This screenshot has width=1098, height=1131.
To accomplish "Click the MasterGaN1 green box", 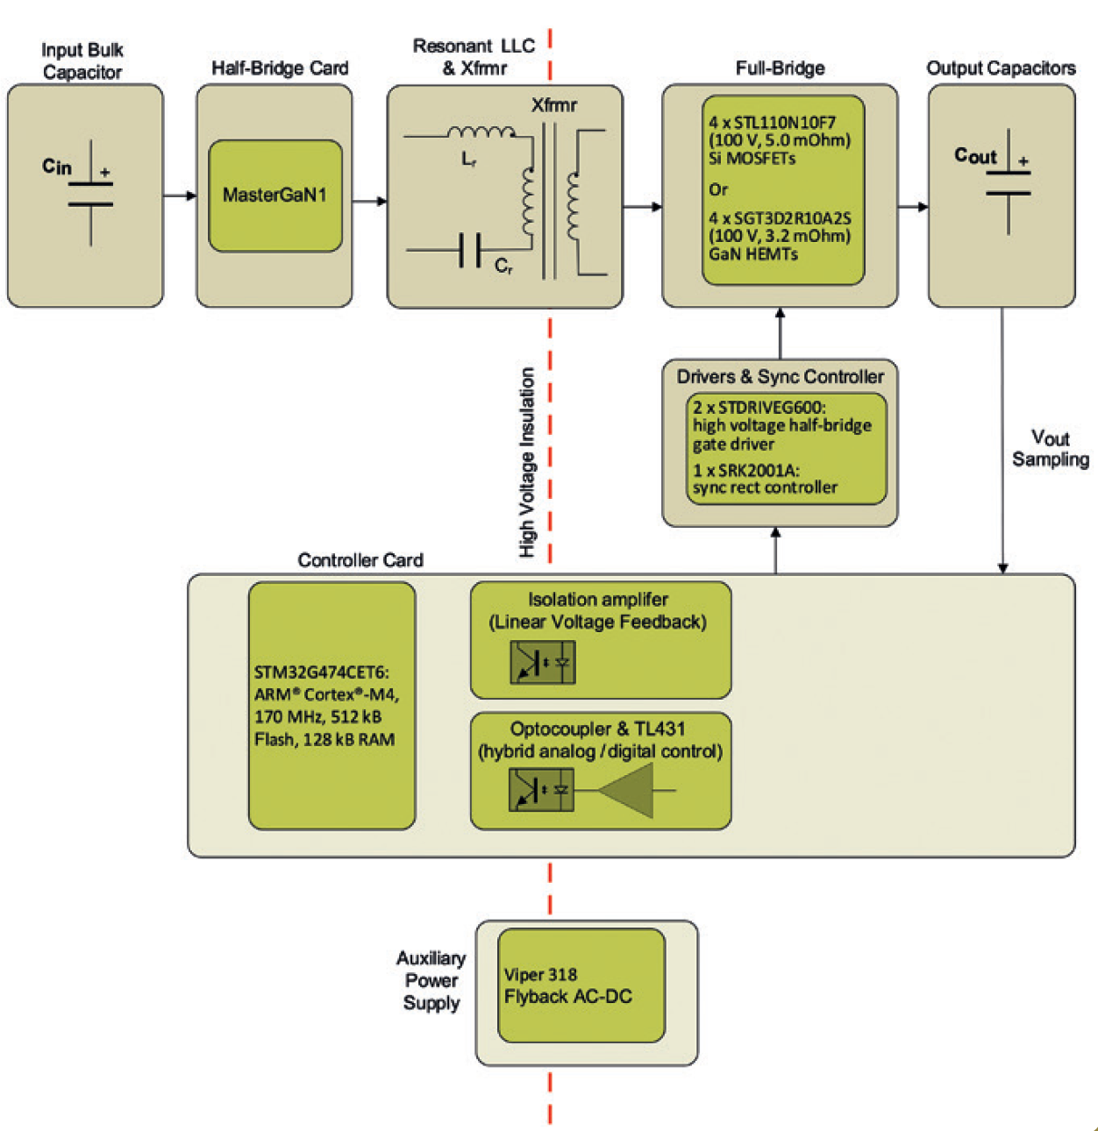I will [x=274, y=196].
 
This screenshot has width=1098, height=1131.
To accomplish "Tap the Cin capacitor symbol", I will [x=90, y=193].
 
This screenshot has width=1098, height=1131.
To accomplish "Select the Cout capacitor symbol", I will [x=1008, y=181].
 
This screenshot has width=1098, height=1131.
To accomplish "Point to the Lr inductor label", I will [x=469, y=160].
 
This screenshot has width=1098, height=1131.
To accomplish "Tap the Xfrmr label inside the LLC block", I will [x=554, y=105].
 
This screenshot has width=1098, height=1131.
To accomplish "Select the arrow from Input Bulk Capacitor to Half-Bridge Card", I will [x=180, y=196].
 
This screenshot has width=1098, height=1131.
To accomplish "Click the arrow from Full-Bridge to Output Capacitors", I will [x=913, y=207].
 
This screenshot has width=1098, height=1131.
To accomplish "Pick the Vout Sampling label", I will [x=1050, y=449].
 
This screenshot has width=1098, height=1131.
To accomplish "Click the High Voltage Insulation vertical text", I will [x=527, y=462].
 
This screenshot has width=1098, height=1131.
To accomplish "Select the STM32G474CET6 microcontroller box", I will [x=332, y=706].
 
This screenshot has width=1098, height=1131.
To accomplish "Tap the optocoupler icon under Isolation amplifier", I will [x=542, y=663].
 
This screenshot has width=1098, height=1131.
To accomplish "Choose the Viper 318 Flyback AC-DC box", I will [x=581, y=985].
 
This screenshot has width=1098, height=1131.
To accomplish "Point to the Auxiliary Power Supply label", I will [x=431, y=980].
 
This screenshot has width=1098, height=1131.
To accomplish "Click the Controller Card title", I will [x=360, y=560].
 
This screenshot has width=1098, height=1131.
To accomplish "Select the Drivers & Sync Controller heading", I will [x=780, y=377].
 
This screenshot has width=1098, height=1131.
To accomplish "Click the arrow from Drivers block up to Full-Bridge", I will [x=780, y=332].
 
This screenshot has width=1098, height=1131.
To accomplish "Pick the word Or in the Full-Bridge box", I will [x=718, y=189].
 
